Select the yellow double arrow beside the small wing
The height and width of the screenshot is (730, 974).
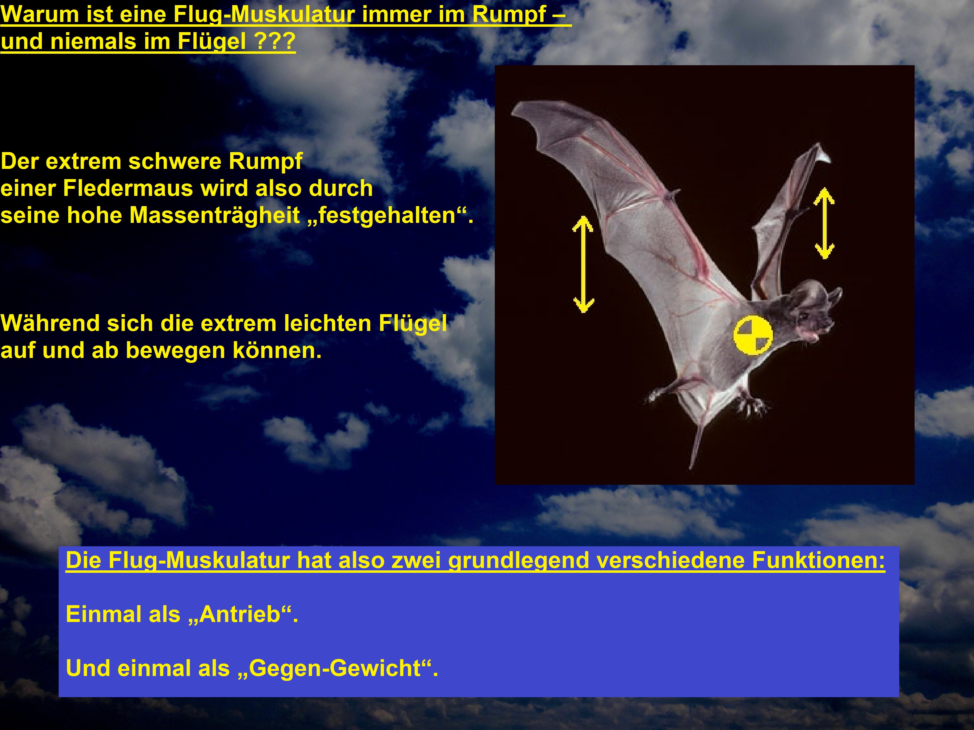pyautogui.click(x=824, y=223)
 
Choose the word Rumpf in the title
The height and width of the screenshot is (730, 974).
pyautogui.click(x=509, y=15)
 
